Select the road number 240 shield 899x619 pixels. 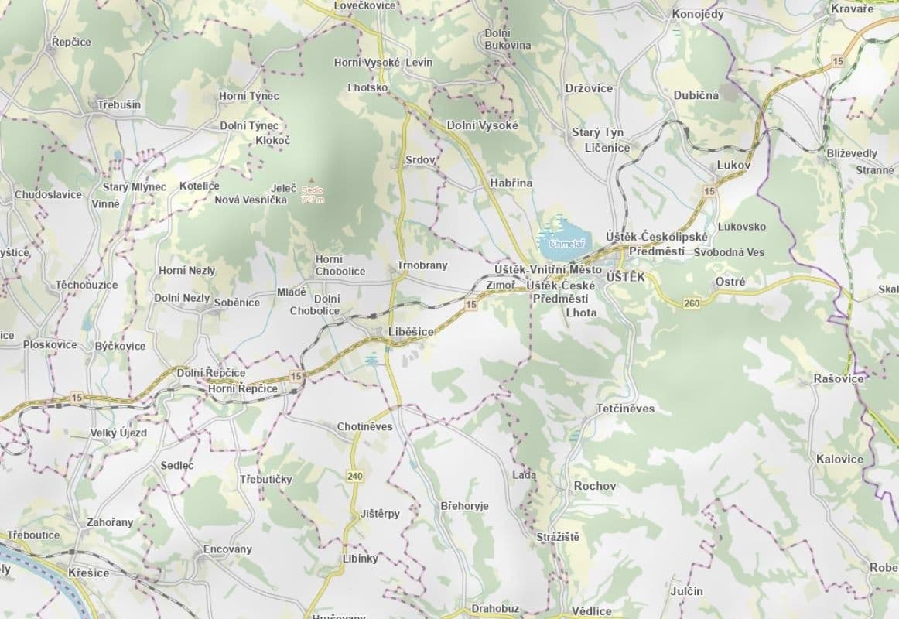[x=355, y=476]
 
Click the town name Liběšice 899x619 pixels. [x=411, y=331]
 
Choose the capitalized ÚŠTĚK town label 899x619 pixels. [x=626, y=276]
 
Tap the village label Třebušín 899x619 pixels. [x=120, y=104]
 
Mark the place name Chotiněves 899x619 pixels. [x=364, y=426]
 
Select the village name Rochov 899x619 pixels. [x=595, y=486]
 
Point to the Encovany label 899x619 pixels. [x=227, y=549]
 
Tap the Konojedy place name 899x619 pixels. [x=697, y=14]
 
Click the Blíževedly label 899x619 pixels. [x=851, y=153]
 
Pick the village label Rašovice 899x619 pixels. [x=839, y=378]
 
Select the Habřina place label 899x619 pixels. [x=511, y=183]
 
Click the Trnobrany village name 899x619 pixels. [x=422, y=265]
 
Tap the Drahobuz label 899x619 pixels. [x=495, y=609]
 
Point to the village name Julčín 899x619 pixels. [x=687, y=591]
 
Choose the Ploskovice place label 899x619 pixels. [x=50, y=344]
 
